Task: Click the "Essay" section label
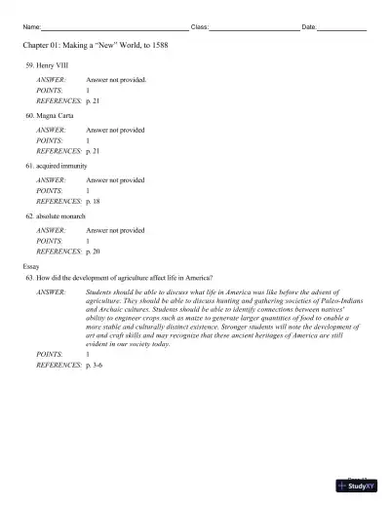point(32,266)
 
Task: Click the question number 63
point(30,278)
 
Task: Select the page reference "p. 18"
point(94,201)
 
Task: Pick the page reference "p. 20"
point(94,252)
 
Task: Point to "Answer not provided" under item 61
point(115,180)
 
